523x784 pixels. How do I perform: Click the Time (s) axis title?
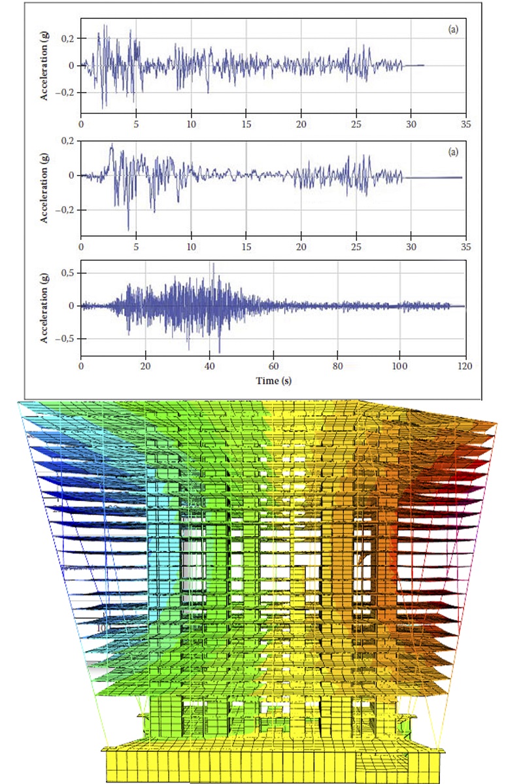273,381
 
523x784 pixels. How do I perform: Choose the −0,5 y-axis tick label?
65,339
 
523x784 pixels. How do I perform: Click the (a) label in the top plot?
452,29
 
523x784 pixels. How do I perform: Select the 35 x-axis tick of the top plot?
465,123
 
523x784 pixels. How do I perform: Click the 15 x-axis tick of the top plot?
246,123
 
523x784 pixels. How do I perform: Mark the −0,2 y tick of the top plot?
65,93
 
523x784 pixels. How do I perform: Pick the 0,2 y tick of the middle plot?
67,141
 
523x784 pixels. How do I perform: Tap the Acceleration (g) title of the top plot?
45,65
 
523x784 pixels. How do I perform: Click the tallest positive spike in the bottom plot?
212,264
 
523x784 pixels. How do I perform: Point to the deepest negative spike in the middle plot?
128,230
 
